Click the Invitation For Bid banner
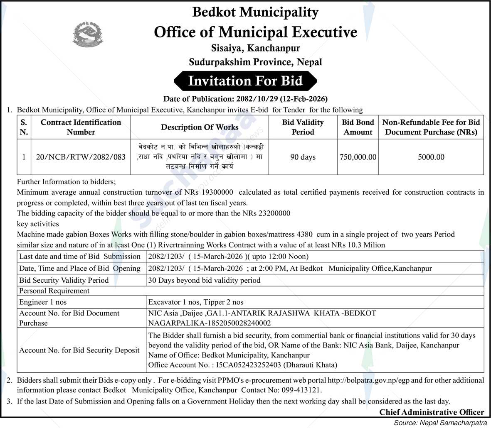(245, 81)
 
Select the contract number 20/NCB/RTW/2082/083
(81, 157)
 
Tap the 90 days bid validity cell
(303, 157)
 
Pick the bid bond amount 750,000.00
(358, 157)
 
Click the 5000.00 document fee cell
(431, 157)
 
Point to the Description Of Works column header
(200, 127)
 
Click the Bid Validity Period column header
(303, 127)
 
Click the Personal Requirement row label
(54, 291)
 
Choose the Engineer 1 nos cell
(42, 302)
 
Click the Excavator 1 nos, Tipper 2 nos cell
(196, 302)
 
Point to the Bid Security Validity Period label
(64, 280)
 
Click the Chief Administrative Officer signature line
(432, 412)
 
